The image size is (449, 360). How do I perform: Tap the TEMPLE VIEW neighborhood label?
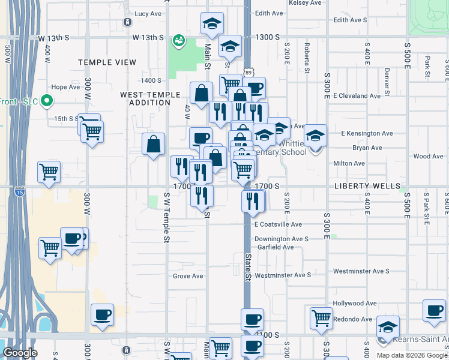[x=107, y=62]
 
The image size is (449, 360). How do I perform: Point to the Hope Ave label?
[x=66, y=87]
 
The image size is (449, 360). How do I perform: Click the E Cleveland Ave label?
[x=357, y=96]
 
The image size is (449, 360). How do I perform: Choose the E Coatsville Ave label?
[x=278, y=224]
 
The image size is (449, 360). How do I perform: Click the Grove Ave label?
[x=188, y=277]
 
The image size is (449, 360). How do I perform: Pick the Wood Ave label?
[x=428, y=157]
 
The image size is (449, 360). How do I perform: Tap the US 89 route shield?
[x=248, y=73]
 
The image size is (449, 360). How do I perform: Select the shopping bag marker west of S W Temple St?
[x=154, y=145]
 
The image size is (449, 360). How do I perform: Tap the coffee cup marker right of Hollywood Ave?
[x=434, y=311]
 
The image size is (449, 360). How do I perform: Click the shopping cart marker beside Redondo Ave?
[x=322, y=318]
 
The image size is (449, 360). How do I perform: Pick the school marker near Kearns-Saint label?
[x=388, y=327]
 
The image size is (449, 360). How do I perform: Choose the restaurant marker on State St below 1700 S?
[x=253, y=201]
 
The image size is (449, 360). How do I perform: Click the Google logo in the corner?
[x=20, y=353]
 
